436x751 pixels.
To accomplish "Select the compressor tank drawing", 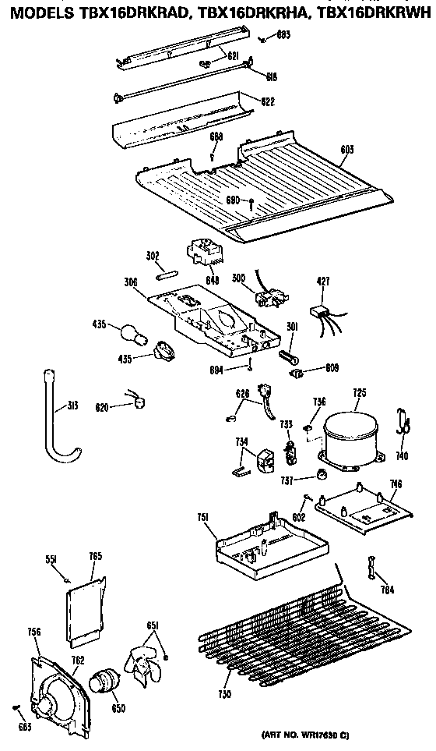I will coord(351,441).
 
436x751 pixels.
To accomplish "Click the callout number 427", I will coord(324,281).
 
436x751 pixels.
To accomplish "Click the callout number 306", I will coord(130,283).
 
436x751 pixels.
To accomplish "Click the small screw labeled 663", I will coord(17,707).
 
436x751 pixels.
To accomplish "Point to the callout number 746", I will coord(396,484).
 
